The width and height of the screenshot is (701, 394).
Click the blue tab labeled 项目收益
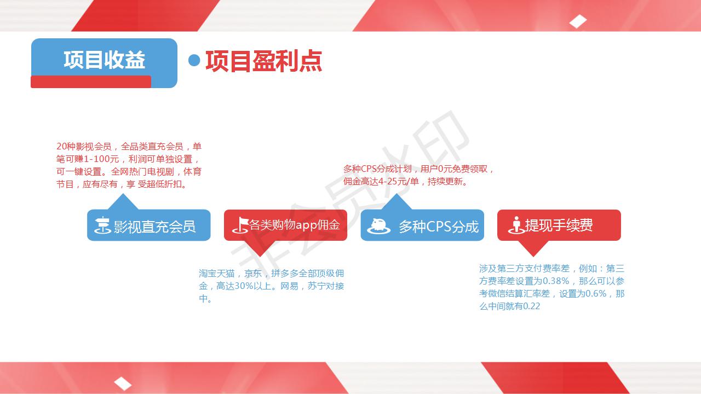104,60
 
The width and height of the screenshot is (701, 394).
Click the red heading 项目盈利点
264,61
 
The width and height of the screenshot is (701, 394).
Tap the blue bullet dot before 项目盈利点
194,60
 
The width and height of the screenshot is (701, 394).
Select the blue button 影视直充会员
148,225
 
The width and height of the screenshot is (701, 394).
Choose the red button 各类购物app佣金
285,225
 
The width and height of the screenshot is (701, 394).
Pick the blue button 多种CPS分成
422,225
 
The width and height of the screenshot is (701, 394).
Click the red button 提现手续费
559,225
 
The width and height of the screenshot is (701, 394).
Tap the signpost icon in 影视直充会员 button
102,225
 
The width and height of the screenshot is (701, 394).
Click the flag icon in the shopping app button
240,225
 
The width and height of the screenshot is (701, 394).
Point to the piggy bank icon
378,226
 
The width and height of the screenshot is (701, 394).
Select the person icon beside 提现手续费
516,225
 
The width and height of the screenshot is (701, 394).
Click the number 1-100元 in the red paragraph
101,159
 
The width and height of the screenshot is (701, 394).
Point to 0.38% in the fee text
556,281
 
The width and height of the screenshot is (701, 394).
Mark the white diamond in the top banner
578,21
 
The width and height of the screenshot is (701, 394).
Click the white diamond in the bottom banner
123,384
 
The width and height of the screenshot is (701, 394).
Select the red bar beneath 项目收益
91,82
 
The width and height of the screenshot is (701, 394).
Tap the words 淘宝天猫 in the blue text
216,274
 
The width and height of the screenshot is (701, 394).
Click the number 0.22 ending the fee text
531,306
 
